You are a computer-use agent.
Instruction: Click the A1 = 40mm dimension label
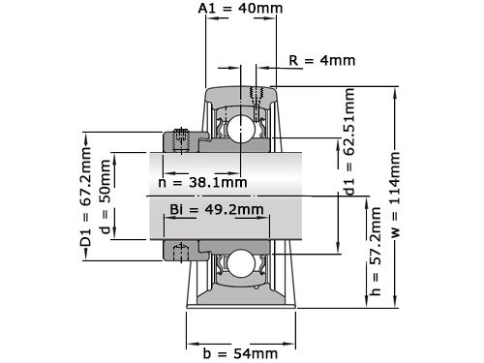coord(239,9)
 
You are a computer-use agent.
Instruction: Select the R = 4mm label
coord(321,60)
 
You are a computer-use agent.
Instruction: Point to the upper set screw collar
coord(180,139)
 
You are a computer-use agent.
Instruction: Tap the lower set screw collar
coord(180,252)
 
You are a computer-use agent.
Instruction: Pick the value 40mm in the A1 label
coord(257,9)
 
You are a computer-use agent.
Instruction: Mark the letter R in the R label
coord(293,60)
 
